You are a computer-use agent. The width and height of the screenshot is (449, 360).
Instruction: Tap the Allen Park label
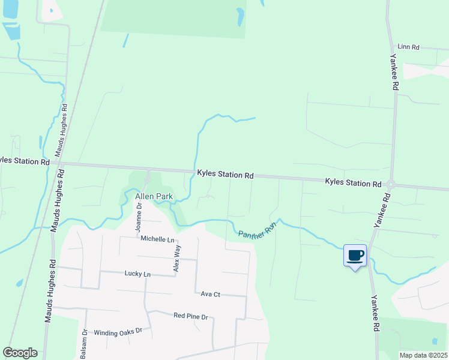154,197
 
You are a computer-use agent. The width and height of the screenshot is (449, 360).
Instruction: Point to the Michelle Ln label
157,239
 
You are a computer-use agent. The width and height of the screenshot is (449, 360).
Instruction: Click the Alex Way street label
176,259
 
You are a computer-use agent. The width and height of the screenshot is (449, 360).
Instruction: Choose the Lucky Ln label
137,274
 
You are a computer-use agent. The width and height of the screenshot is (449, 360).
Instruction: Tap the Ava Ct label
211,294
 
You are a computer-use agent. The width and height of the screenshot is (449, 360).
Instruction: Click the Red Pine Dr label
190,316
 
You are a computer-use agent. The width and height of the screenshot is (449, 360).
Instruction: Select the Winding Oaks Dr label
118,331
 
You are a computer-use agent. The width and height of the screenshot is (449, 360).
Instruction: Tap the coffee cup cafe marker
355,256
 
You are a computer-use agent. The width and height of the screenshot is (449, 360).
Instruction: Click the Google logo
20,353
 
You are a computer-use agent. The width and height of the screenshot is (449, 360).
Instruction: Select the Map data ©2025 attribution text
423,355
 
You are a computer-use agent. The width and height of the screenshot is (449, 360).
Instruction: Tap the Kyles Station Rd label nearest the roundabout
353,182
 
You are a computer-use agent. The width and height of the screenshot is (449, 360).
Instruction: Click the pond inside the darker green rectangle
241,16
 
